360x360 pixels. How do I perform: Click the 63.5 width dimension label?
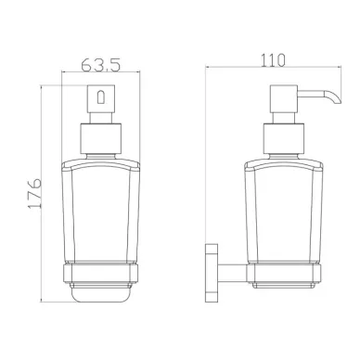[100, 65]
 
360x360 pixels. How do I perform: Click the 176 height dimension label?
[34, 193]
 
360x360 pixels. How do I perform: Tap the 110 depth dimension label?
[273, 60]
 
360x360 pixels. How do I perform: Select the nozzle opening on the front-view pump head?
[101, 96]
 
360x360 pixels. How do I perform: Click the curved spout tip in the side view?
[336, 97]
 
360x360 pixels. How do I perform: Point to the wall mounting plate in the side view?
[212, 273]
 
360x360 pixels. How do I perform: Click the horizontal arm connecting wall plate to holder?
[232, 273]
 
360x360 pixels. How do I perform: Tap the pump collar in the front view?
[101, 139]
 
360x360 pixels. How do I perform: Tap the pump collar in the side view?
[284, 139]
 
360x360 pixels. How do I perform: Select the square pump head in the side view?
[284, 99]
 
